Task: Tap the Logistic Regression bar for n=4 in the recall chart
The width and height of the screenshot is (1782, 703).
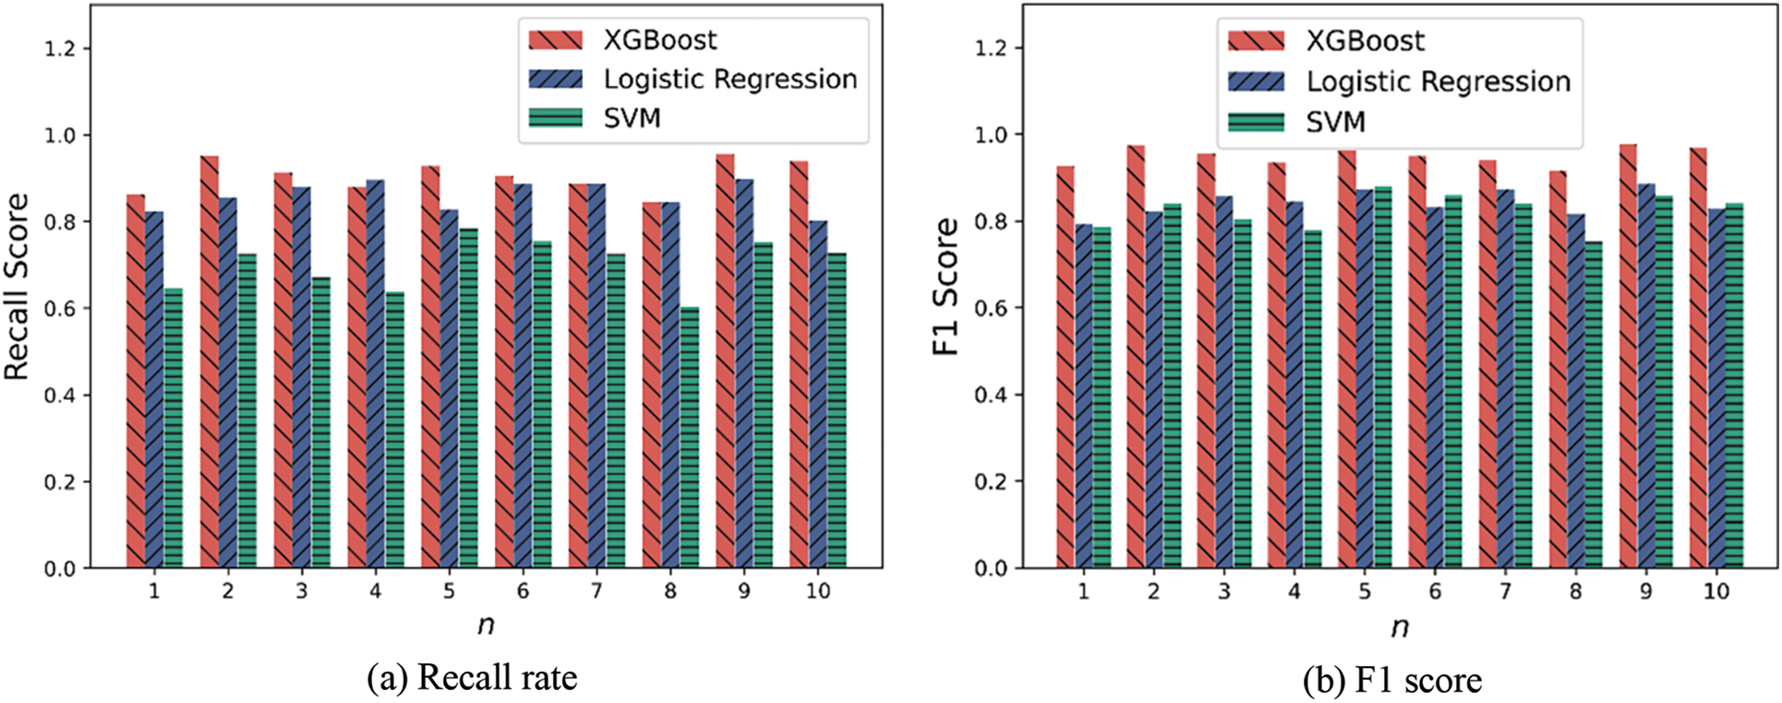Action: tap(376, 373)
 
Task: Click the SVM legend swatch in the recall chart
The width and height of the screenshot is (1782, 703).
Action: tap(555, 118)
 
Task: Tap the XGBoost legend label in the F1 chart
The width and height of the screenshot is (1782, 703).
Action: tap(1365, 42)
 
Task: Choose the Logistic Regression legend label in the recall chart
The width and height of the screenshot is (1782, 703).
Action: tap(730, 79)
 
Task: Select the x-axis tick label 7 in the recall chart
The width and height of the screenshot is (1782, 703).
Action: tap(596, 591)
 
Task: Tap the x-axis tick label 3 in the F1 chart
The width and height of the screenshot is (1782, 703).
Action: tap(1223, 591)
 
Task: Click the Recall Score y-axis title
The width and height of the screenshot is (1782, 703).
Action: tap(17, 286)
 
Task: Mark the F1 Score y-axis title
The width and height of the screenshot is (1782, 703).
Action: tap(945, 286)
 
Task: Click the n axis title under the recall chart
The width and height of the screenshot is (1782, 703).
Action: tap(486, 625)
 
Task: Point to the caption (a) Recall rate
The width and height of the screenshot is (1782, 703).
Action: tap(472, 679)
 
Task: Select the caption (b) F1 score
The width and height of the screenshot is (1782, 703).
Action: tap(1391, 681)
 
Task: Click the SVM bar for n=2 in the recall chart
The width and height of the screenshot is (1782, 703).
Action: tap(247, 410)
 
